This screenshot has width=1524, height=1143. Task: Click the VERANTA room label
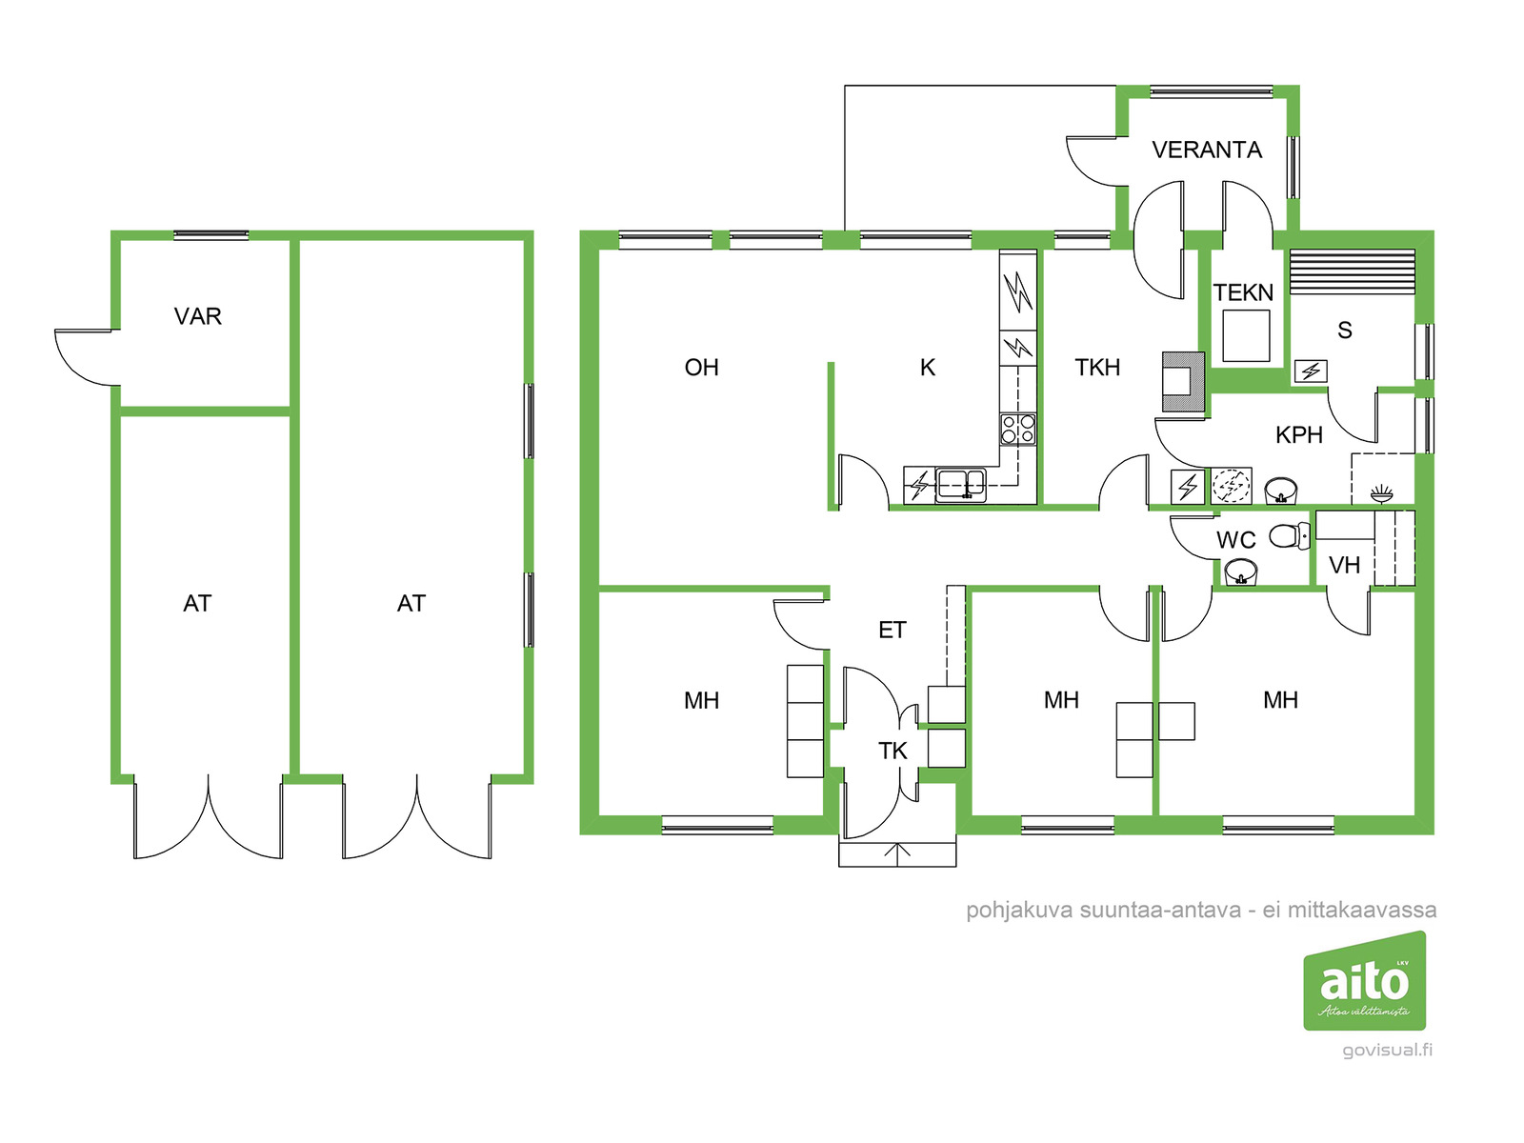click(x=1206, y=150)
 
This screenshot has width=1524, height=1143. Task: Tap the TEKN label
click(x=1244, y=292)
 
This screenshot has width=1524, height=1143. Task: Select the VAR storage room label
click(x=198, y=316)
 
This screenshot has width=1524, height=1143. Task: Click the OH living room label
click(x=701, y=367)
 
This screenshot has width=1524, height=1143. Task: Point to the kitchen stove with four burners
click(x=1017, y=429)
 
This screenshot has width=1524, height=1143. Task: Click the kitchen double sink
click(x=960, y=485)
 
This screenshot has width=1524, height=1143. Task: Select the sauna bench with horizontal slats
click(x=1352, y=272)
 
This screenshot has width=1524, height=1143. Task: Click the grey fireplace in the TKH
click(x=1185, y=382)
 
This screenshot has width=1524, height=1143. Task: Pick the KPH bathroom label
click(x=1299, y=435)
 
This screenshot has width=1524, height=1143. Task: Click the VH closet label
click(x=1344, y=566)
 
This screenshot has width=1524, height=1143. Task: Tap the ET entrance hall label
click(x=892, y=631)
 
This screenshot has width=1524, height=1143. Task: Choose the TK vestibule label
click(x=892, y=751)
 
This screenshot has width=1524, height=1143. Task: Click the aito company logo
click(x=1364, y=981)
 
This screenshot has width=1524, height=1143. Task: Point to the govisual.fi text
click(x=1387, y=1050)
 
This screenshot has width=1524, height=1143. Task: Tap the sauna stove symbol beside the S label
click(x=1311, y=371)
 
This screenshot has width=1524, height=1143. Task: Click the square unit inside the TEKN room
click(x=1246, y=336)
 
